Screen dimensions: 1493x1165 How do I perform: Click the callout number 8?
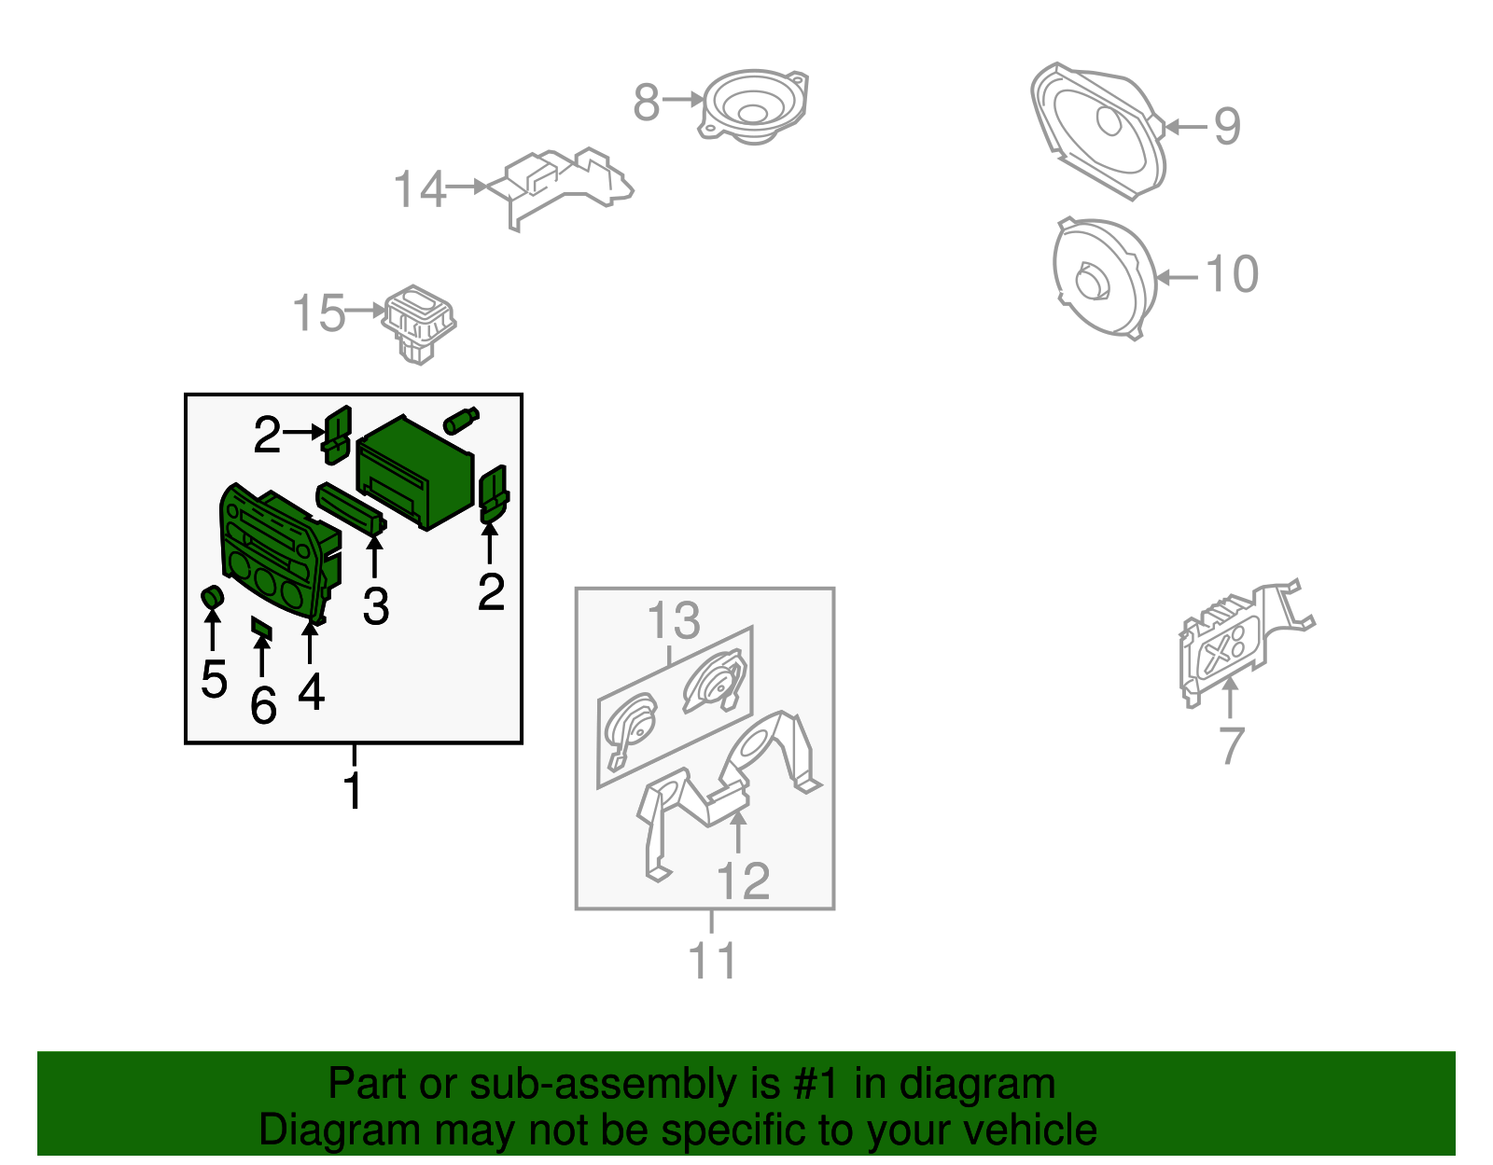646,103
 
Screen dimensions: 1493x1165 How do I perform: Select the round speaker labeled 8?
754,106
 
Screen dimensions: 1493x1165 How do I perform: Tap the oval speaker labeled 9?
1097,132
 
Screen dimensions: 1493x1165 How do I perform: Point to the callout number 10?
1232,274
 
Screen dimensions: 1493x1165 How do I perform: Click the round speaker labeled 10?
1104,278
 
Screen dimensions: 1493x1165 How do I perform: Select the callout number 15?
318,313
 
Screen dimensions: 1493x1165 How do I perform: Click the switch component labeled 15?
419,324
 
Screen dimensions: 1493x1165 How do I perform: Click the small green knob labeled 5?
213,598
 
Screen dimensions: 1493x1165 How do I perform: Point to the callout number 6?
263,705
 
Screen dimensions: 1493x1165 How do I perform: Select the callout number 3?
376,606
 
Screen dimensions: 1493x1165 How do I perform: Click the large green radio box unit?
414,472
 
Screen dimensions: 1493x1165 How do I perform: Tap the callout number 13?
674,620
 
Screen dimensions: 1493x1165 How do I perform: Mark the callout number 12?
743,881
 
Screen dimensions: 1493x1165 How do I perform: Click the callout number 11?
713,961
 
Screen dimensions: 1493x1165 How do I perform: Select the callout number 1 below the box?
353,790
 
